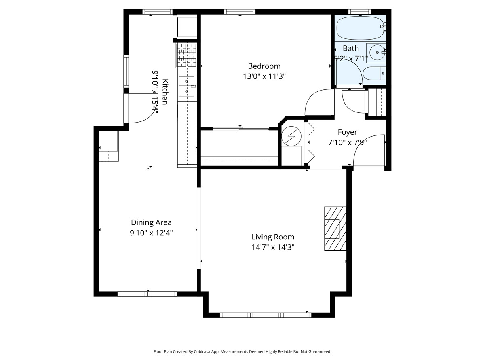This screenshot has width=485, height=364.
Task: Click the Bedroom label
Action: (264, 66)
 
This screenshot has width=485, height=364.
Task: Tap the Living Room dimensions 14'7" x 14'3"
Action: (273, 247)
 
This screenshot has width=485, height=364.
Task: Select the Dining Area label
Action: (151, 222)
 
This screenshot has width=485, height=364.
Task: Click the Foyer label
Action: (347, 132)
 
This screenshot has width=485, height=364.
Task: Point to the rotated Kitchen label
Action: (165, 92)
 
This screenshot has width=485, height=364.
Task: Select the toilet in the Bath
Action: (374, 74)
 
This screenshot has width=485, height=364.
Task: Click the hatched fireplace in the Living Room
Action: (335, 229)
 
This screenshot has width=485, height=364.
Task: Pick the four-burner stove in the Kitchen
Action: (186, 55)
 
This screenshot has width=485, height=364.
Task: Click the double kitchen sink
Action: (187, 86)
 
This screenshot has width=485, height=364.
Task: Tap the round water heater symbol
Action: (291, 136)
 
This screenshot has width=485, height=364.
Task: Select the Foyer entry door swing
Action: (367, 151)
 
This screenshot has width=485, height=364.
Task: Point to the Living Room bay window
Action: (265, 315)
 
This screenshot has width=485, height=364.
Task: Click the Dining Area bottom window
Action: (148, 294)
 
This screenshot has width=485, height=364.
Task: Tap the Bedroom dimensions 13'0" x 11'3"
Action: (264, 77)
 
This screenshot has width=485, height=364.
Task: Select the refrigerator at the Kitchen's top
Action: (187, 26)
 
